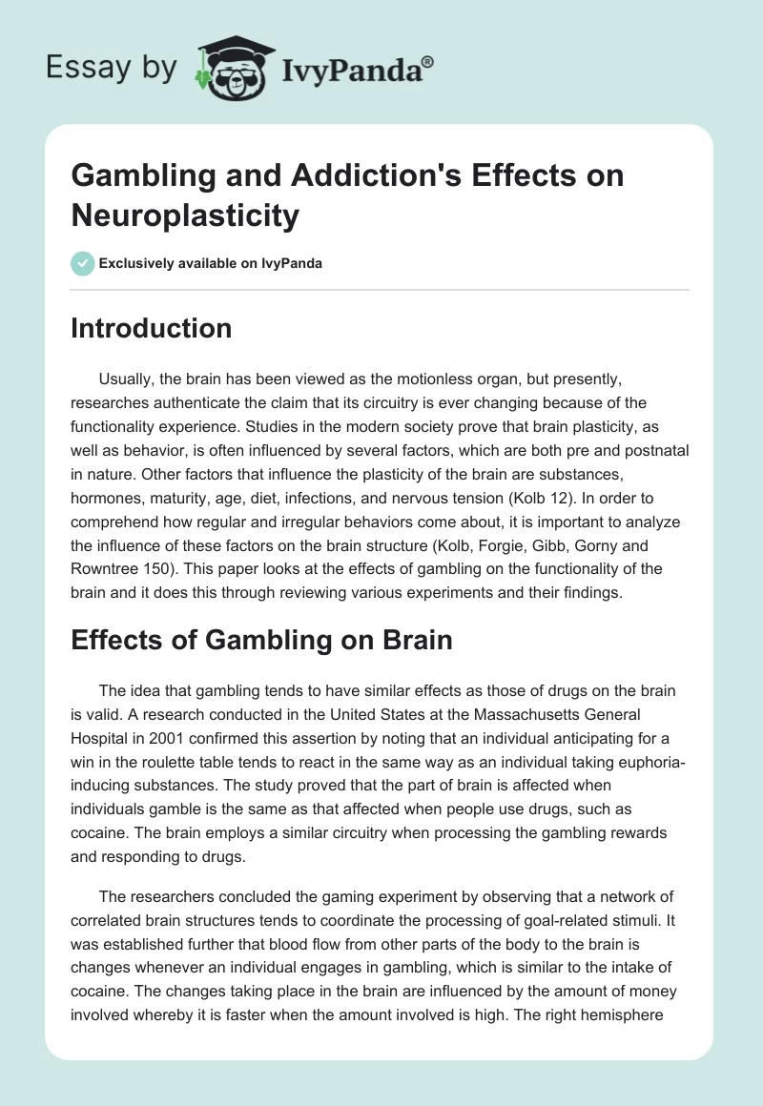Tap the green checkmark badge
tap(83, 263)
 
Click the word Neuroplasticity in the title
tap(185, 215)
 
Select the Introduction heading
tap(152, 328)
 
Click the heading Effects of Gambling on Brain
tap(261, 641)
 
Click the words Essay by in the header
tap(111, 68)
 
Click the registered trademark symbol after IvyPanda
tap(428, 61)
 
